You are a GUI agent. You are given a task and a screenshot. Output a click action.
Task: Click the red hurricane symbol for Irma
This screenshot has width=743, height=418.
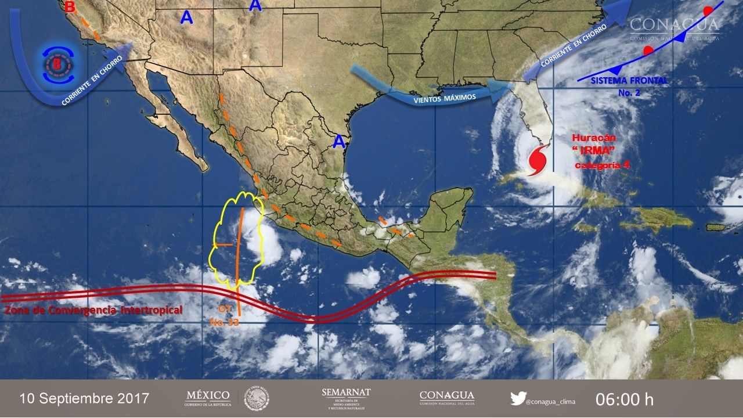[537, 160]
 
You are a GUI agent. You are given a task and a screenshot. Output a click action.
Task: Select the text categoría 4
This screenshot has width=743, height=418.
[602, 165]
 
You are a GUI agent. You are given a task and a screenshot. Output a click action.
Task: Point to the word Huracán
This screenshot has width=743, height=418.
[593, 139]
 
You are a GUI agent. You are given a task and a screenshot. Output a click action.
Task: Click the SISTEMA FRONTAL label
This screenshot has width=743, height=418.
[629, 81]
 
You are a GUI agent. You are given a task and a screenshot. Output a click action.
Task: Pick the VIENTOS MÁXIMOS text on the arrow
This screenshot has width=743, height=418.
[445, 98]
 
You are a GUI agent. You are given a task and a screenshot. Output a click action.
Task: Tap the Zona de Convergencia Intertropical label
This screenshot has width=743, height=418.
[93, 311]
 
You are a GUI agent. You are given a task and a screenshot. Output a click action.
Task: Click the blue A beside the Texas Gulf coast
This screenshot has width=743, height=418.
[338, 140]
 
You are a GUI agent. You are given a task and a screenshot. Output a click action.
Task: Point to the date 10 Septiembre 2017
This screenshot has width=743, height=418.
[84, 399]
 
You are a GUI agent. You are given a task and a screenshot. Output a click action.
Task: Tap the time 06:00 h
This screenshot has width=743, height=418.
[624, 399]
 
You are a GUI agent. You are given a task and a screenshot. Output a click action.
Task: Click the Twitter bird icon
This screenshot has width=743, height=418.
[518, 399]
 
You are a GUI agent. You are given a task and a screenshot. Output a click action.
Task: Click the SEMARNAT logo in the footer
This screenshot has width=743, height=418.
[346, 398]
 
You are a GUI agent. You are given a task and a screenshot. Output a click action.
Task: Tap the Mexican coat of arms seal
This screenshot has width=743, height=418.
[256, 398]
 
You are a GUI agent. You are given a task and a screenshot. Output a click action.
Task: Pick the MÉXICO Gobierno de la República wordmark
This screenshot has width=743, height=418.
[207, 398]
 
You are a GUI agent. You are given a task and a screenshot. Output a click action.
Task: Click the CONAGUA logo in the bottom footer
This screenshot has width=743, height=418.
[446, 398]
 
